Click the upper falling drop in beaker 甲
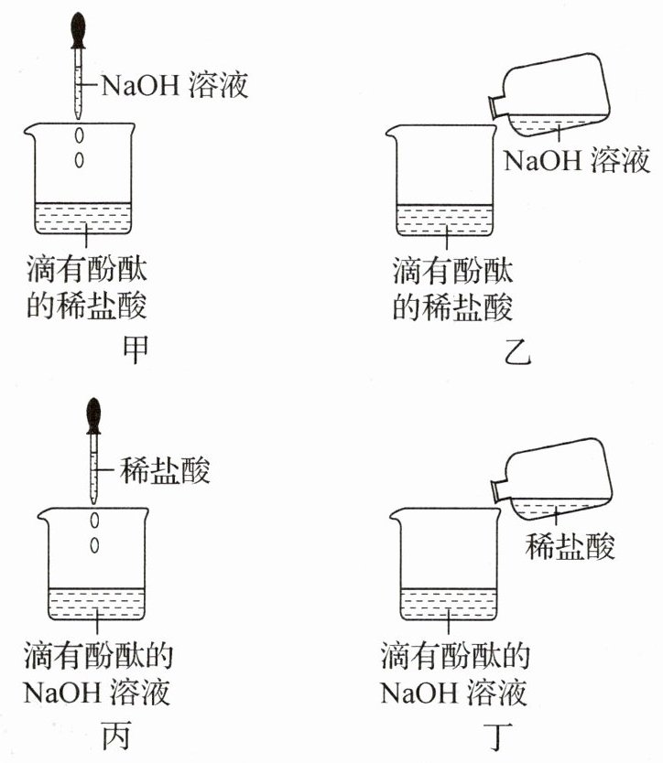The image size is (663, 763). coord(79,135)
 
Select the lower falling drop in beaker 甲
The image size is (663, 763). coord(79,159)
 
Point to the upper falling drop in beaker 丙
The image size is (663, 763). coord(94,521)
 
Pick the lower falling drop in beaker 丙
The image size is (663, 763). coord(94,545)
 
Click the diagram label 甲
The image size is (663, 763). coord(134,349)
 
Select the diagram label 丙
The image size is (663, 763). coord(117,736)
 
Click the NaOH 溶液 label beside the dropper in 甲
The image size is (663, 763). coord(174,85)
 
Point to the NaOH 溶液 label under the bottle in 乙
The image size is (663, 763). coord(577,159)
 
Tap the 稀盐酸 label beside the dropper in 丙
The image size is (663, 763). coord(165,470)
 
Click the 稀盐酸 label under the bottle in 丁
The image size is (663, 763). coord(570,545)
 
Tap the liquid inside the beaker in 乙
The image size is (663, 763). coord(444,220)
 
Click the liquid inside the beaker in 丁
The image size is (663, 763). coord(448,604)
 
